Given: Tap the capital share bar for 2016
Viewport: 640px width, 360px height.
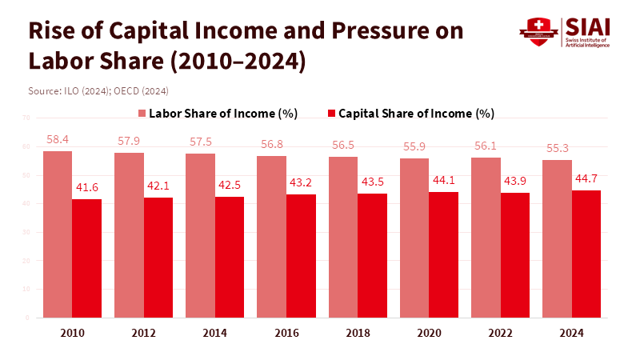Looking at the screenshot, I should point(301,256).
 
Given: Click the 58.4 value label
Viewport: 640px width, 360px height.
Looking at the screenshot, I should point(58,139).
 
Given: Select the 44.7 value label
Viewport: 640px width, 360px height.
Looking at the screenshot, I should point(586,178).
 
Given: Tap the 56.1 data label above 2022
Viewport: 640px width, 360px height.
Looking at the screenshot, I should point(486,146).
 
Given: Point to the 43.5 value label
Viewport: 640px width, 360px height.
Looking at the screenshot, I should point(372,182).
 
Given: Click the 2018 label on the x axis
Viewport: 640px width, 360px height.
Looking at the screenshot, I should point(358,332).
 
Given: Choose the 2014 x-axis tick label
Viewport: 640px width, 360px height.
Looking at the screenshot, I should point(215,332).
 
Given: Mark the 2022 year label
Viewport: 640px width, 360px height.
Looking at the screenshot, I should point(500,332).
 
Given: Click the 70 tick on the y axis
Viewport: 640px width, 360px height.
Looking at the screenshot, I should point(26,118).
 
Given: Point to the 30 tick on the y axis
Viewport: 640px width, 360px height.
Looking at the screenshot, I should point(26,233).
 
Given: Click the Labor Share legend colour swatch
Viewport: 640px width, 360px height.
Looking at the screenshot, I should point(142,114).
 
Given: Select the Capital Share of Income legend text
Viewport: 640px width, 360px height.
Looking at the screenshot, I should point(416,114).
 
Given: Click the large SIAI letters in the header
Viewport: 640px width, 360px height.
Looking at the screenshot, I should point(587,26).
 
